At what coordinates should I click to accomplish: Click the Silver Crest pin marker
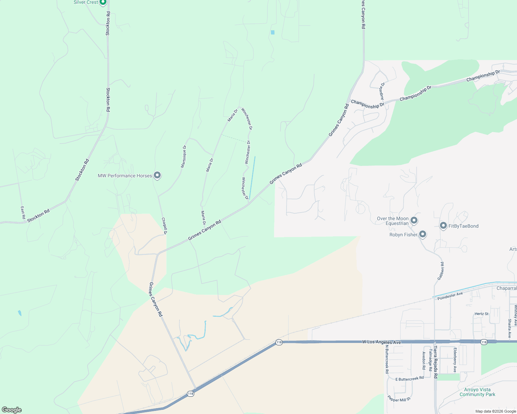(x=103, y=2)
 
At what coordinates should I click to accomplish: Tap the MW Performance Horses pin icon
(x=157, y=176)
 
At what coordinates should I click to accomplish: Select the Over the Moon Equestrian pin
(x=414, y=220)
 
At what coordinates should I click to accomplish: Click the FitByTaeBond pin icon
(x=443, y=226)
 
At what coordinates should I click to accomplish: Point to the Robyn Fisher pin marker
(x=422, y=235)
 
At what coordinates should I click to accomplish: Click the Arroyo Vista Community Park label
(x=477, y=392)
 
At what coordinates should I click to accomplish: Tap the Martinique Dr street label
(x=184, y=157)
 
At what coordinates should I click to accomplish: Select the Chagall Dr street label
(x=164, y=226)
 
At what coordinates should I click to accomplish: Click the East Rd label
(x=23, y=213)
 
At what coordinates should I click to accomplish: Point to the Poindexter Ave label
(x=450, y=296)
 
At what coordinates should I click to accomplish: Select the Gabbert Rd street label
(x=441, y=271)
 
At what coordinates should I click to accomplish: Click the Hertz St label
(x=481, y=314)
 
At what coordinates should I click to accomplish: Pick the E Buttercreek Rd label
(x=410, y=379)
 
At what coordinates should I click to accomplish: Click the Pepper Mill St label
(x=399, y=398)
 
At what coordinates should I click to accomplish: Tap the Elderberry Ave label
(x=455, y=360)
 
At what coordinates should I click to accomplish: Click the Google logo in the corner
(x=12, y=410)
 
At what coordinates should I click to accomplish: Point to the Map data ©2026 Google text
(x=496, y=411)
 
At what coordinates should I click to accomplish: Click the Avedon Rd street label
(x=424, y=361)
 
